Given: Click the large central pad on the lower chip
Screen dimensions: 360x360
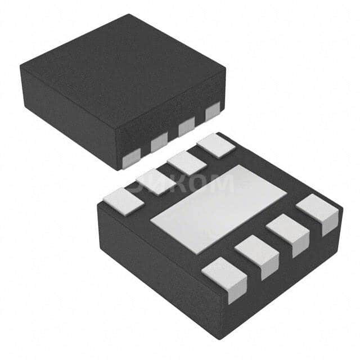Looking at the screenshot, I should [219, 209].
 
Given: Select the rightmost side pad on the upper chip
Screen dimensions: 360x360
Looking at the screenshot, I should [213, 112].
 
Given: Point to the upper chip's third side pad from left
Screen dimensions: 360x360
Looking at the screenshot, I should [186, 128].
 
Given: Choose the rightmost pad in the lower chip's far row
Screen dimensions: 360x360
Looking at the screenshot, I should [215, 145].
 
